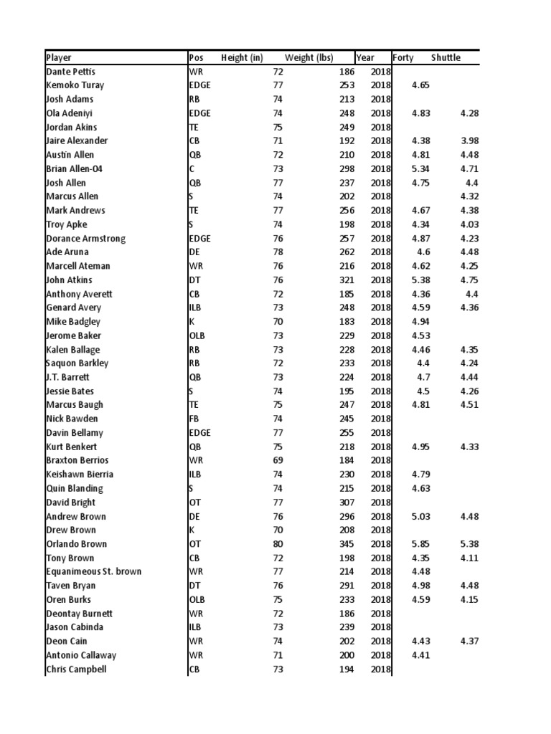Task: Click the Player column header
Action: click(59, 57)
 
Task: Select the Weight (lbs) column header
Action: click(309, 57)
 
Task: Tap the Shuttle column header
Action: click(446, 57)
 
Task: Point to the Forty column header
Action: click(402, 57)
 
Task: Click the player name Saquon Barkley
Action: click(77, 363)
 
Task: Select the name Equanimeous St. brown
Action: click(93, 572)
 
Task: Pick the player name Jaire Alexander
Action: click(77, 141)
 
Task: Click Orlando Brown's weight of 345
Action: click(347, 544)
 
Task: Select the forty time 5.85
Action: click(420, 544)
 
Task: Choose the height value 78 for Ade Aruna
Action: click(278, 252)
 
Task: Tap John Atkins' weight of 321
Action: click(347, 280)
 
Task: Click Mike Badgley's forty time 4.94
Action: click(420, 322)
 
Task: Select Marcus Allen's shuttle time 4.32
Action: click(470, 196)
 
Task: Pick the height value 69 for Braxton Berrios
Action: click(278, 461)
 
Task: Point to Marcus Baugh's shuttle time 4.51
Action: click(470, 405)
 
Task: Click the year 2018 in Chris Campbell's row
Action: click(380, 669)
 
